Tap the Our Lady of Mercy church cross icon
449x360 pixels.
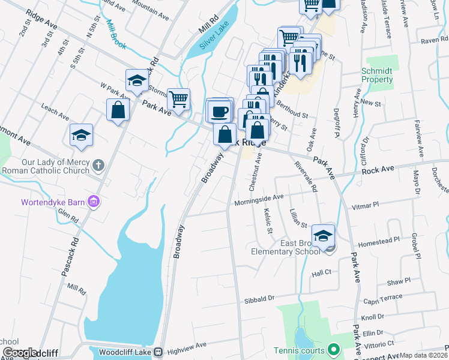click(x=99, y=164)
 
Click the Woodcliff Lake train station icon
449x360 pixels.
click(x=158, y=352)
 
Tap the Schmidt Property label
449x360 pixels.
click(x=377, y=75)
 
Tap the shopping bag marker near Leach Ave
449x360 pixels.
click(x=118, y=109)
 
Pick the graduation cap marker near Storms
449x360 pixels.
click(x=137, y=80)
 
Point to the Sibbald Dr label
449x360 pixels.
click(x=259, y=298)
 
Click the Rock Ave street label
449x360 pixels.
click(x=378, y=170)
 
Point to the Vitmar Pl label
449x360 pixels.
click(x=367, y=205)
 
